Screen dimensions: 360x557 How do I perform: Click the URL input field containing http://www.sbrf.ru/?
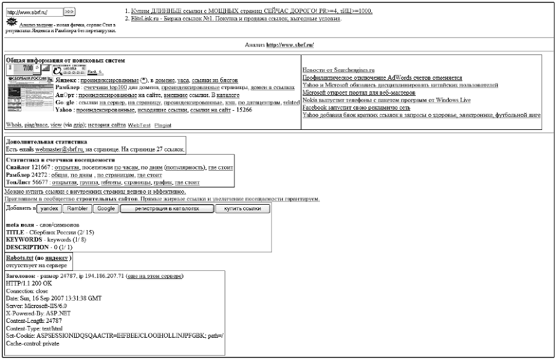pyautogui.click(x=33, y=12)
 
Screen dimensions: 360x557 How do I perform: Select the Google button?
pyautogui.click(x=106, y=209)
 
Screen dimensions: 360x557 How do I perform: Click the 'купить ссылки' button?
pyautogui.click(x=243, y=209)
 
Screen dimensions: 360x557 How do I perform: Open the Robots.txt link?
pyautogui.click(x=19, y=257)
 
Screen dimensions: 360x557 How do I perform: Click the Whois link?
pyautogui.click(x=14, y=125)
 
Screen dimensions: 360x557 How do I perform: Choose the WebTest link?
pyautogui.click(x=139, y=125)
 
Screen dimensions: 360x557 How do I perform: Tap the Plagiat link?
pyautogui.click(x=163, y=125)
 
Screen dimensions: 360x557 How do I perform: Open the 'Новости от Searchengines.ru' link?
pyautogui.click(x=338, y=71)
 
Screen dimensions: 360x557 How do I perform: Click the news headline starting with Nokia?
pyautogui.click(x=386, y=100)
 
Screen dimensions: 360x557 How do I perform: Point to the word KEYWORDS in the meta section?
pyautogui.click(x=24, y=239)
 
